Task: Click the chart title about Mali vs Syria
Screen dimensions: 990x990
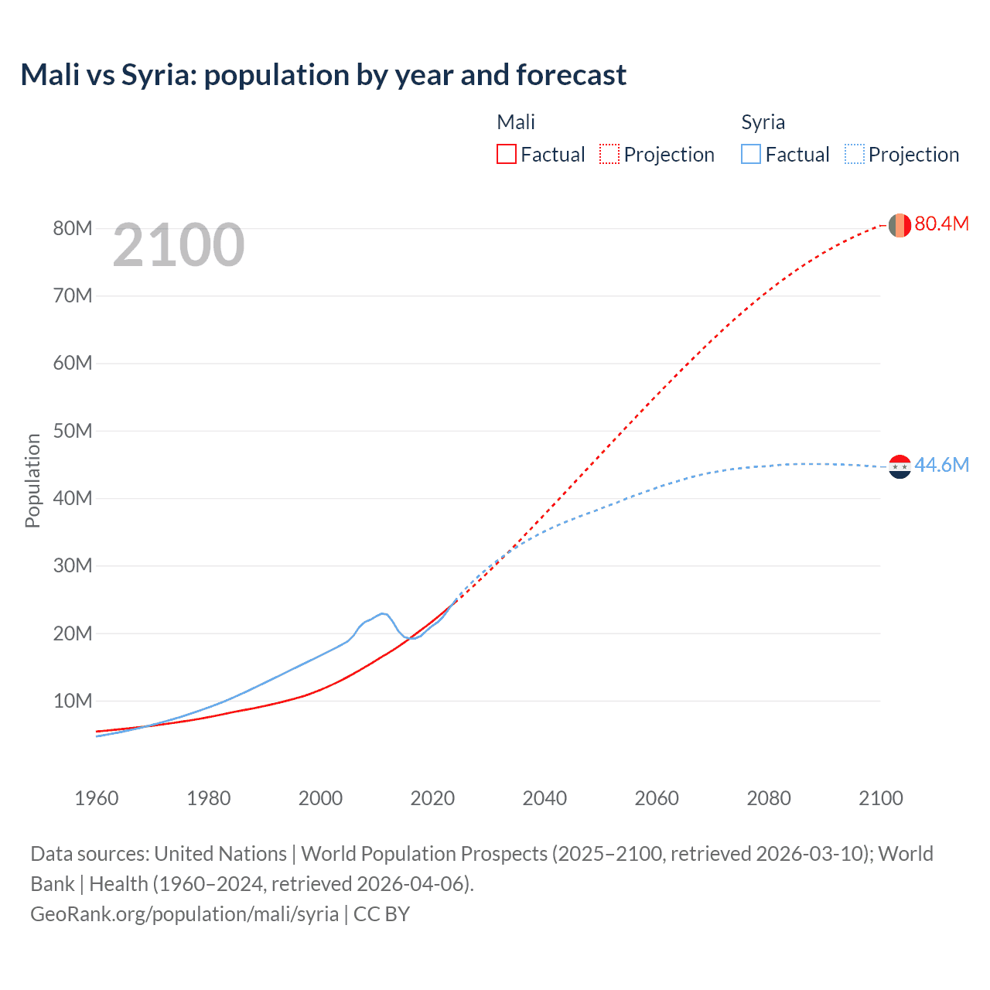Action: point(323,75)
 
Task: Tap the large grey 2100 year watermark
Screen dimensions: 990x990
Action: point(179,245)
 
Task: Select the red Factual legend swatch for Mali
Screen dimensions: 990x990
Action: point(506,154)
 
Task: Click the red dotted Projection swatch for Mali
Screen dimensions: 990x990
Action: point(609,154)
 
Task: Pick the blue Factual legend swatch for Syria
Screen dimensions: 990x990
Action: point(750,154)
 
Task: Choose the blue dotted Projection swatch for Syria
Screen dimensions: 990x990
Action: point(854,154)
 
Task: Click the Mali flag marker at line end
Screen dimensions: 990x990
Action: point(900,225)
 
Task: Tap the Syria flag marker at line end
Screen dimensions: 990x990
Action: point(900,466)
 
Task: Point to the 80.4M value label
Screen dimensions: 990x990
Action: point(941,224)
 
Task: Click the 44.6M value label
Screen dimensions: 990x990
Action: point(941,465)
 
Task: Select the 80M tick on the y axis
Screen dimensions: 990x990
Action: point(73,228)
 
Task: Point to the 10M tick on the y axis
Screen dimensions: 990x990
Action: point(73,701)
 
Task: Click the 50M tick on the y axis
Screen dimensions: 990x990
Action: point(73,431)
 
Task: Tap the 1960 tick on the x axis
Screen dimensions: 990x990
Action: point(97,798)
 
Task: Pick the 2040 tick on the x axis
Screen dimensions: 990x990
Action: point(544,798)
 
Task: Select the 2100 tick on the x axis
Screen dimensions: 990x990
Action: point(880,798)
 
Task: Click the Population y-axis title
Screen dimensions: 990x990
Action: point(32,480)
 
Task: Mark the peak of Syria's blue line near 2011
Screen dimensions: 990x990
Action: point(382,613)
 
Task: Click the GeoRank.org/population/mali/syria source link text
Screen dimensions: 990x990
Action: point(184,914)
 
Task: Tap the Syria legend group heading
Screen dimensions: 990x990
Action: point(763,122)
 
